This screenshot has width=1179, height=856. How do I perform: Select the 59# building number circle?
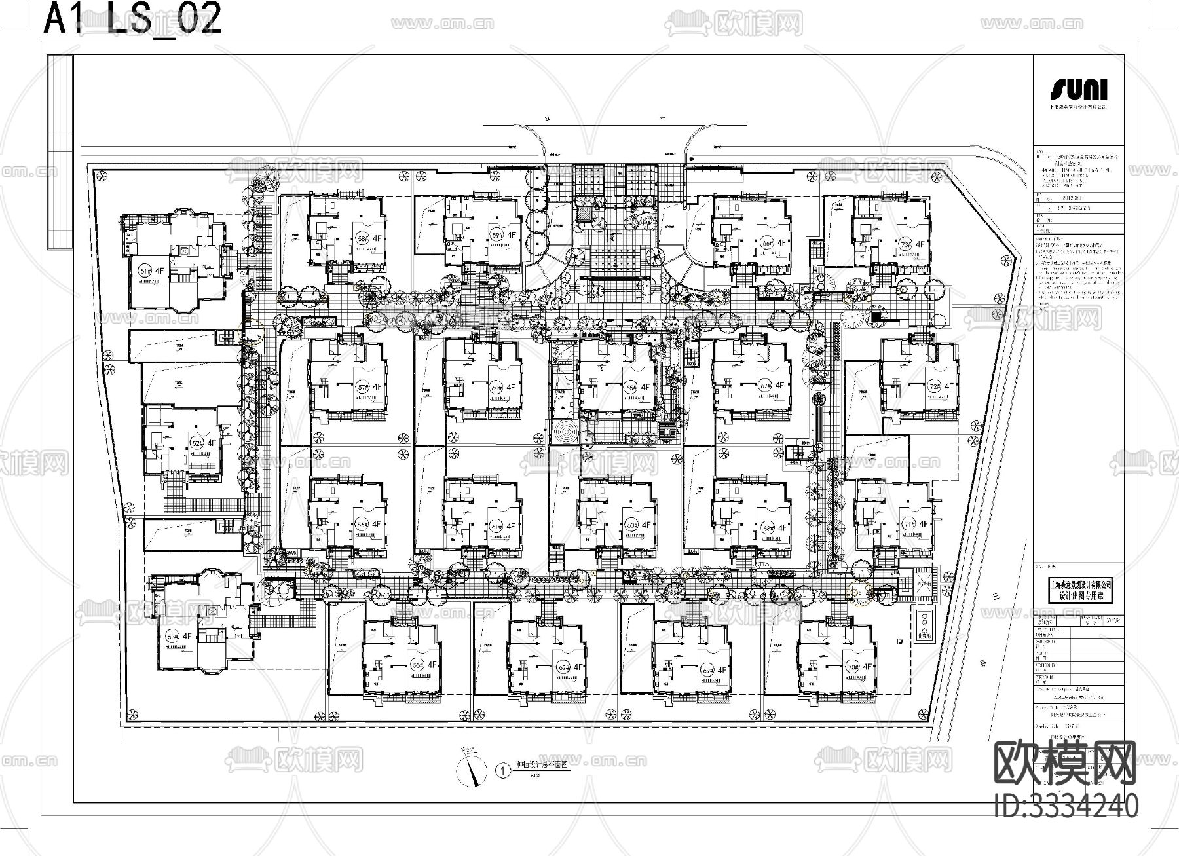497,234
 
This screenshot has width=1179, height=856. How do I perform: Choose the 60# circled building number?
496,388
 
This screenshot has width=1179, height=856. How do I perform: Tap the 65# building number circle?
631,387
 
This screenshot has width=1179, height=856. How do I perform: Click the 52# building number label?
197,443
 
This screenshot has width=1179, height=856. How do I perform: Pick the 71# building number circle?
908,524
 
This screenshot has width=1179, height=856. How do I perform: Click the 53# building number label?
172,636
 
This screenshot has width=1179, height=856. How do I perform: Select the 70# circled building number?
852,667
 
